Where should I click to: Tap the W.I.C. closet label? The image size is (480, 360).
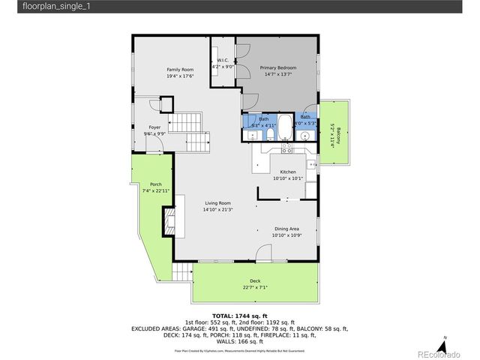click(x=223, y=60)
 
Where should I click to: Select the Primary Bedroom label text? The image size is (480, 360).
click(x=278, y=68)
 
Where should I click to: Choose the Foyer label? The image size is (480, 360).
click(x=154, y=127)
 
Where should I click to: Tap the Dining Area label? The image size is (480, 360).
click(x=286, y=229)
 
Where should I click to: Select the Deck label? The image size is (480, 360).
click(x=255, y=281)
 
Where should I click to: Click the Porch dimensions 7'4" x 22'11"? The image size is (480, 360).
click(x=155, y=190)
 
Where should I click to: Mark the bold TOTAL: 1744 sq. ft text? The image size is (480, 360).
click(x=240, y=316)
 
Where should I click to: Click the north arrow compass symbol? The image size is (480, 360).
click(x=445, y=343)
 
